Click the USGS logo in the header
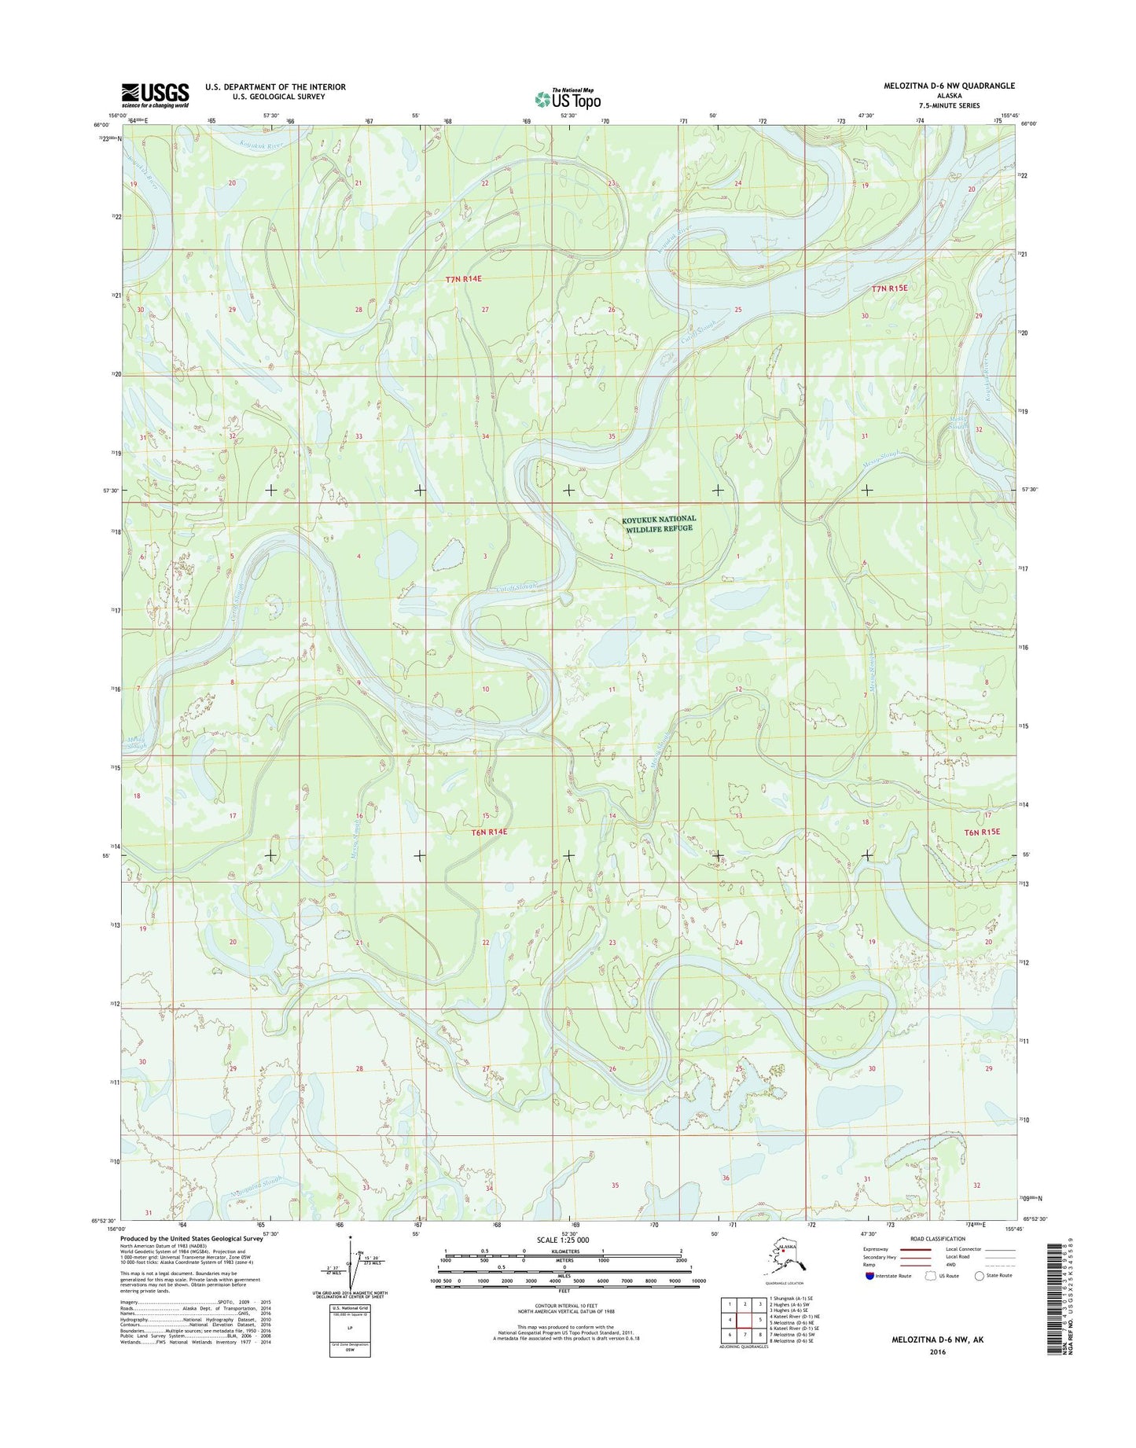click(x=155, y=94)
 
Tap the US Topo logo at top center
click(x=568, y=98)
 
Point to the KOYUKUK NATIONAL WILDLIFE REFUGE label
click(x=659, y=524)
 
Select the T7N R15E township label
click(x=889, y=288)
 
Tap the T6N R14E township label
click(x=490, y=832)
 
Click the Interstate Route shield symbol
click(x=869, y=1298)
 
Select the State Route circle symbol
click(x=980, y=1298)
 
